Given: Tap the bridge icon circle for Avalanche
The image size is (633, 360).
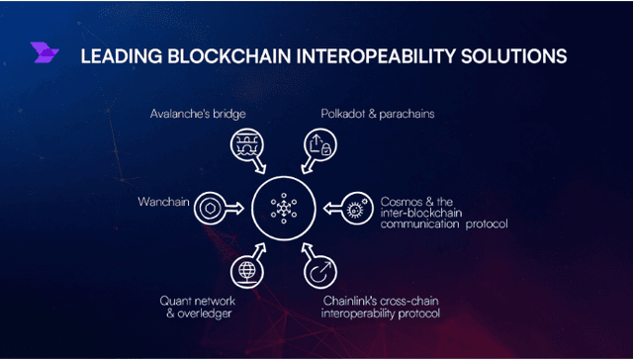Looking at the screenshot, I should pos(243,149).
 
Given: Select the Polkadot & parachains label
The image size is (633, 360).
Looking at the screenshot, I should pos(366,115).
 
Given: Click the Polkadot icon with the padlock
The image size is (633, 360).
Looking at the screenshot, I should pos(318,149).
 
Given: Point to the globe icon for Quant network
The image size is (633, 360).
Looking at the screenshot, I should pos(243,269).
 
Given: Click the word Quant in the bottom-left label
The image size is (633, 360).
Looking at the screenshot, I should pos(178,300).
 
